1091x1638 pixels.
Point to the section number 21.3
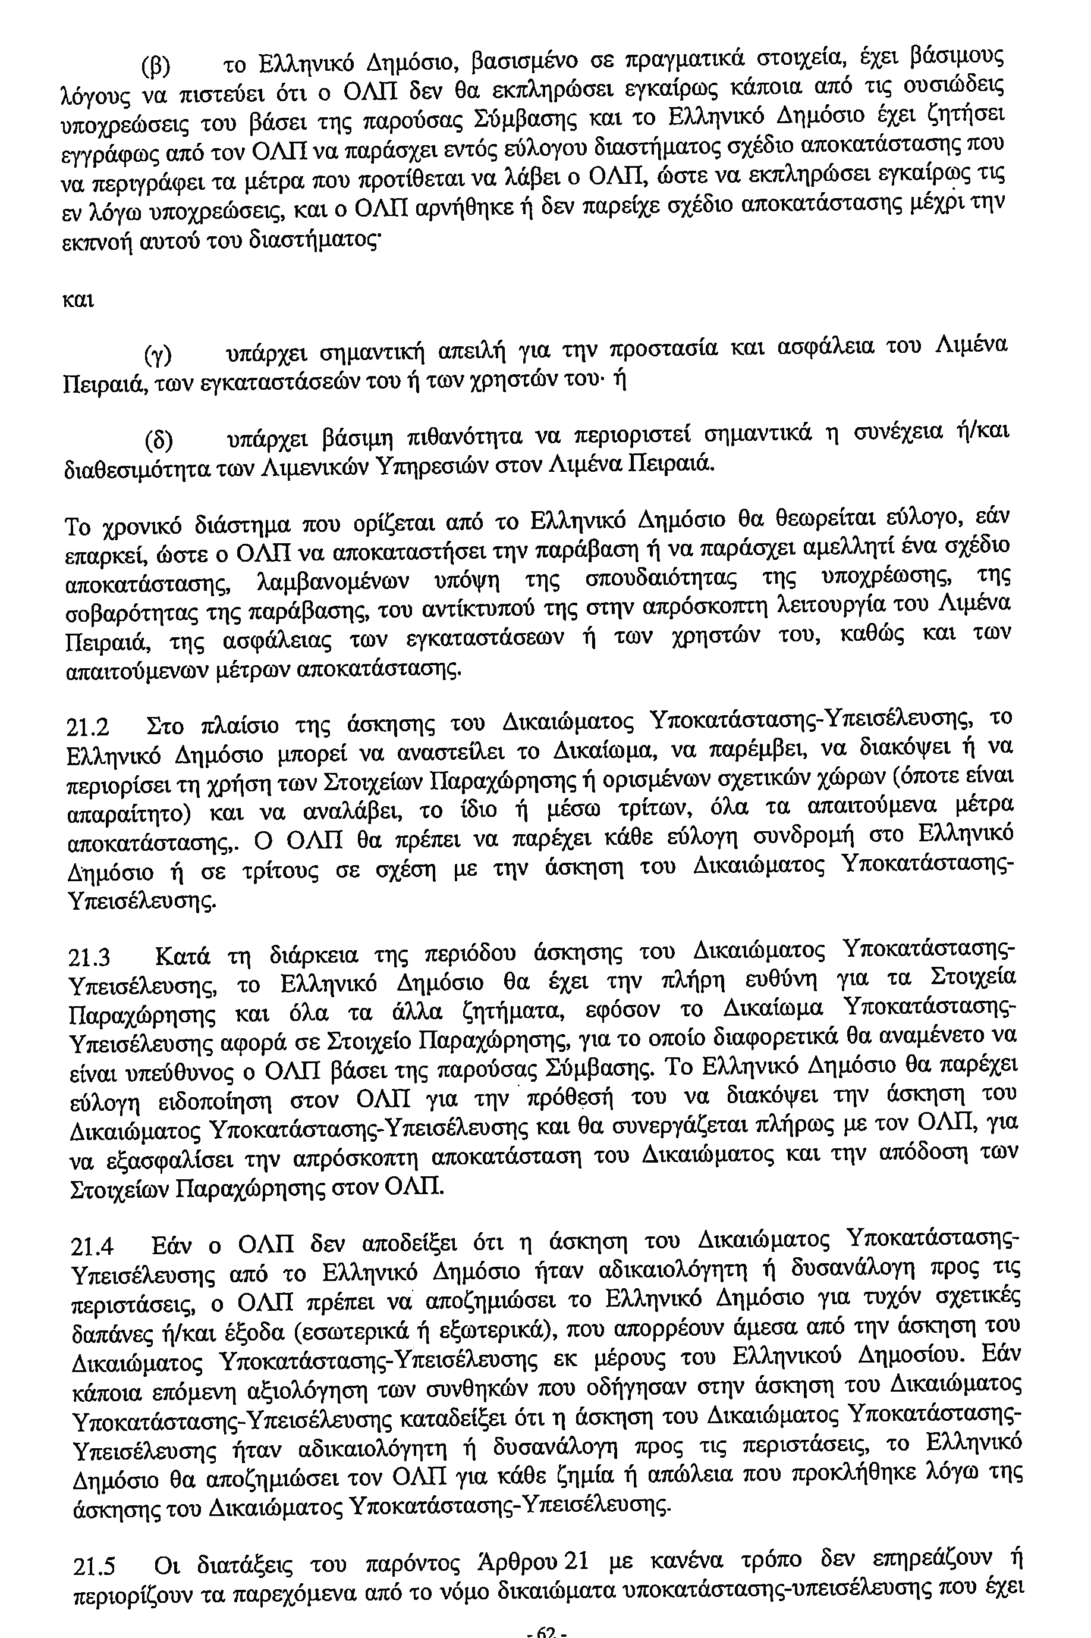(x=90, y=959)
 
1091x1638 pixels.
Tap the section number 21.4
(x=94, y=1245)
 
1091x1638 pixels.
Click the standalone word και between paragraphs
(x=78, y=300)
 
